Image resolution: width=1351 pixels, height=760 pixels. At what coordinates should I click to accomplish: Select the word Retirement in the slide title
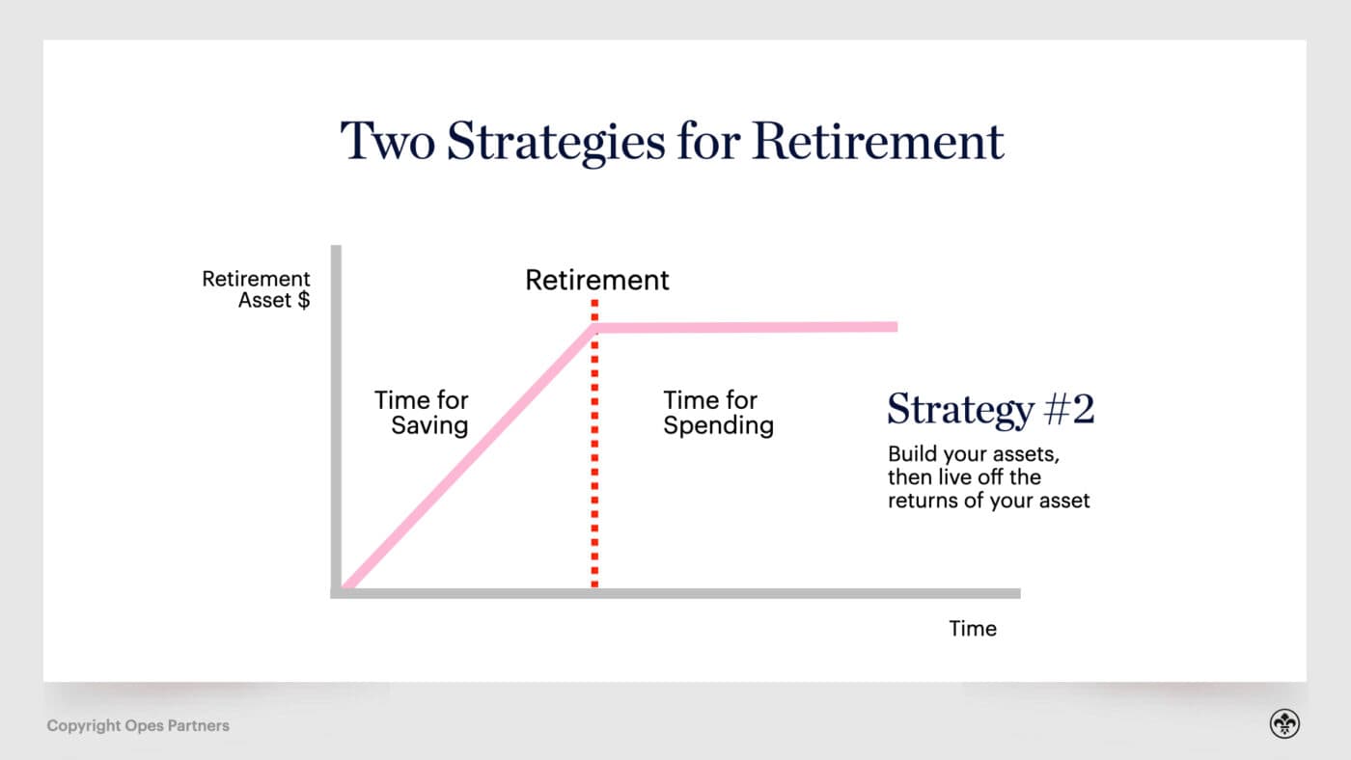pyautogui.click(x=878, y=141)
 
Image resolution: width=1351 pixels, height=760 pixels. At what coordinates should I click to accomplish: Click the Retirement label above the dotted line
pyautogui.click(x=596, y=280)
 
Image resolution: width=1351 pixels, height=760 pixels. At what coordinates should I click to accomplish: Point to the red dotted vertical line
pyautogui.click(x=594, y=463)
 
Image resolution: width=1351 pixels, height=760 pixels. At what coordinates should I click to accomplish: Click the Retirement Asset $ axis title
pyautogui.click(x=257, y=289)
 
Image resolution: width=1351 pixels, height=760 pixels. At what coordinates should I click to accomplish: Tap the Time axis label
pyautogui.click(x=973, y=629)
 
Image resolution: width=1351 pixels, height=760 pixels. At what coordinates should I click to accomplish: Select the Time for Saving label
pyautogui.click(x=422, y=413)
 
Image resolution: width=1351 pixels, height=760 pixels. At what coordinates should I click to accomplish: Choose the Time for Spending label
pyautogui.click(x=718, y=413)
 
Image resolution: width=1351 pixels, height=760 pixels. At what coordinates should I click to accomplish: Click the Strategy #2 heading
pyautogui.click(x=990, y=409)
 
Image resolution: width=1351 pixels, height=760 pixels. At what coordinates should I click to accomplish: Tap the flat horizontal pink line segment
pyautogui.click(x=748, y=328)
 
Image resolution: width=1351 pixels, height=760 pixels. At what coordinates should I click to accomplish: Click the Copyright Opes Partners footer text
pyautogui.click(x=138, y=725)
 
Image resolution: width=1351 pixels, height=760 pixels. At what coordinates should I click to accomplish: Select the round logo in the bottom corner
pyautogui.click(x=1284, y=724)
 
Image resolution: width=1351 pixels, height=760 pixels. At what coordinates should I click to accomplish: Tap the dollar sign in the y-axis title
pyautogui.click(x=304, y=300)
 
